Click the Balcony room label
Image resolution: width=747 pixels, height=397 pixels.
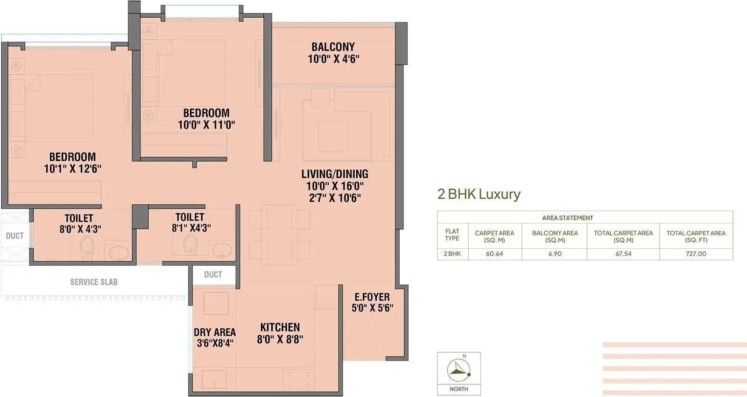point(333,47)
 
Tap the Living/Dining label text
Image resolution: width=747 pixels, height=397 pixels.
point(334,174)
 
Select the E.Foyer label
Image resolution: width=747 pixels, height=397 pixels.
point(372,297)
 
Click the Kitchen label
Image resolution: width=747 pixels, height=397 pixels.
point(280,327)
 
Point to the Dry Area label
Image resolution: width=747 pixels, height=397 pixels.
point(214,332)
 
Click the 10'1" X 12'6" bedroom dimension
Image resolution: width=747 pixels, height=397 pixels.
point(72,169)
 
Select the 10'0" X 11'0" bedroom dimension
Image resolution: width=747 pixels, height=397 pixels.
point(206,125)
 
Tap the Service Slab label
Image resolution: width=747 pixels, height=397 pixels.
point(94,282)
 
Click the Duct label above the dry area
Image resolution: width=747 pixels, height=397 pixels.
point(213,274)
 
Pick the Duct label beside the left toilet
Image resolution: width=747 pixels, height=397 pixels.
point(14,236)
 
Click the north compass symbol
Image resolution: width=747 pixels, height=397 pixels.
point(458,370)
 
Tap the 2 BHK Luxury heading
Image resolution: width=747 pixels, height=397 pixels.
point(479,194)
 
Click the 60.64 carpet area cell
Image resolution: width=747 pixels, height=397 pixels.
point(494,253)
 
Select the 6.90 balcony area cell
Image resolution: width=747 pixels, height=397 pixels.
point(555,253)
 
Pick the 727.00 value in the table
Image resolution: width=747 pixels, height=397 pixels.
point(696,253)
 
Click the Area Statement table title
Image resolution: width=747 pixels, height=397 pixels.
point(567,218)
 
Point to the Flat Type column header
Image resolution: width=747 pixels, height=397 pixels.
point(452,235)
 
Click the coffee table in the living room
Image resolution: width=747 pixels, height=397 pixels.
point(333,136)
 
